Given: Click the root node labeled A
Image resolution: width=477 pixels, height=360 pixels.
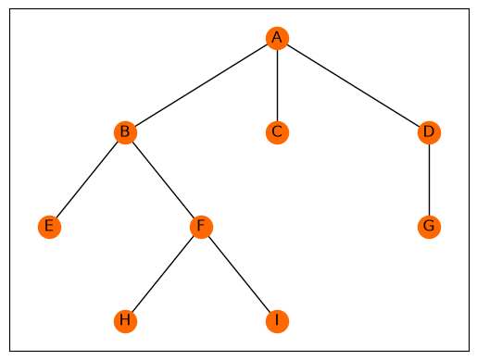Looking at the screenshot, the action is [x=277, y=38].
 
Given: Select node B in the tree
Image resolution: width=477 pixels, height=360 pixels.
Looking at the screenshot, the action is [x=125, y=132].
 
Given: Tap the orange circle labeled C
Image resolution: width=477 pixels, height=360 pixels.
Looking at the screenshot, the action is [x=277, y=132].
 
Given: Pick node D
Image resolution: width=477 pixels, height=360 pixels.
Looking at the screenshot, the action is [x=429, y=132].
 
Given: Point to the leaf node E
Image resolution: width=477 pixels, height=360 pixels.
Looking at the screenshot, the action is [x=49, y=227].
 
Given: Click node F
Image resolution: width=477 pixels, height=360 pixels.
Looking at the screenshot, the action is [x=201, y=227].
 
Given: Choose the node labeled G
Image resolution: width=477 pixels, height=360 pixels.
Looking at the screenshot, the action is [x=429, y=227].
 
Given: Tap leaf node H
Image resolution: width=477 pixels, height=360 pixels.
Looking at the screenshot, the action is [x=125, y=321].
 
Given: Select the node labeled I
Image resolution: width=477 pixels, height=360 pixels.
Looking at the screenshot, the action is [x=277, y=321].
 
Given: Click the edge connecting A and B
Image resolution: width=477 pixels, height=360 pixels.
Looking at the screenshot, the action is [x=201, y=85].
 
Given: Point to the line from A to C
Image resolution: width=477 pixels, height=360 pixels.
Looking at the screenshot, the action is [x=277, y=85].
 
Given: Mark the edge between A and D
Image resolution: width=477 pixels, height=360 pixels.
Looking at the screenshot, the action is [x=353, y=85].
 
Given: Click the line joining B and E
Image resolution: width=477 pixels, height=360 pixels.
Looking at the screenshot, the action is [x=87, y=180].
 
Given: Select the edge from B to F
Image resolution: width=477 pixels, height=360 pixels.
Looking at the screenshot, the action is [x=163, y=180].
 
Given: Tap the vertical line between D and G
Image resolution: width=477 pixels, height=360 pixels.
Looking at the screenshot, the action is [x=429, y=180].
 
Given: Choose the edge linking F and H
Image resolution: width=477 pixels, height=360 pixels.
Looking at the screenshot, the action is [x=163, y=274].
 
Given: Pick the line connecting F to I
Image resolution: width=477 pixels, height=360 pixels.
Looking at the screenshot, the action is [x=239, y=274].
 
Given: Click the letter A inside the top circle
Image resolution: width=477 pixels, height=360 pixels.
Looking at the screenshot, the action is [x=277, y=37].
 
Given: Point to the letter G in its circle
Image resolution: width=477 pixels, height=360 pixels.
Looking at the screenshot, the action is [x=429, y=226].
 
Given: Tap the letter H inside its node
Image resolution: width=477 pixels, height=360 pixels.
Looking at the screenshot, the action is [x=125, y=320].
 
